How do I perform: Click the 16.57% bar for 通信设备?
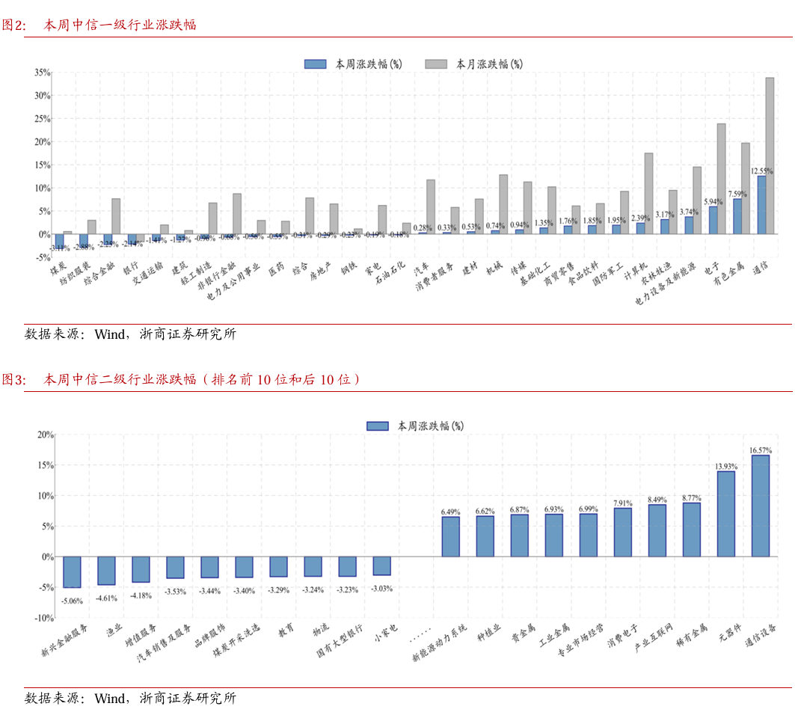coord(760,506)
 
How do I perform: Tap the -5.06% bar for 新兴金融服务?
coord(72,572)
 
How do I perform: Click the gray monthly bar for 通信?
coord(770,156)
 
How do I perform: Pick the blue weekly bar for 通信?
coord(761,205)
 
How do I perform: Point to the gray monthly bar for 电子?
coord(722,179)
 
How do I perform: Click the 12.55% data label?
coord(762,171)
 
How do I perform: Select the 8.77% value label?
coord(692,497)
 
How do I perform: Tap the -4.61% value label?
coord(106,598)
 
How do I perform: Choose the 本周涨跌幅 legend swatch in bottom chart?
coord(378,426)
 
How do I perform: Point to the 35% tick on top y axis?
coord(42,73)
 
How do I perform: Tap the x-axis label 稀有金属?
coord(691,636)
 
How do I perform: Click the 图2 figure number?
coord(13,25)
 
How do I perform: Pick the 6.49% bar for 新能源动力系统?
coord(450,536)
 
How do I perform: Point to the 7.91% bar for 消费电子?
coord(622,532)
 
